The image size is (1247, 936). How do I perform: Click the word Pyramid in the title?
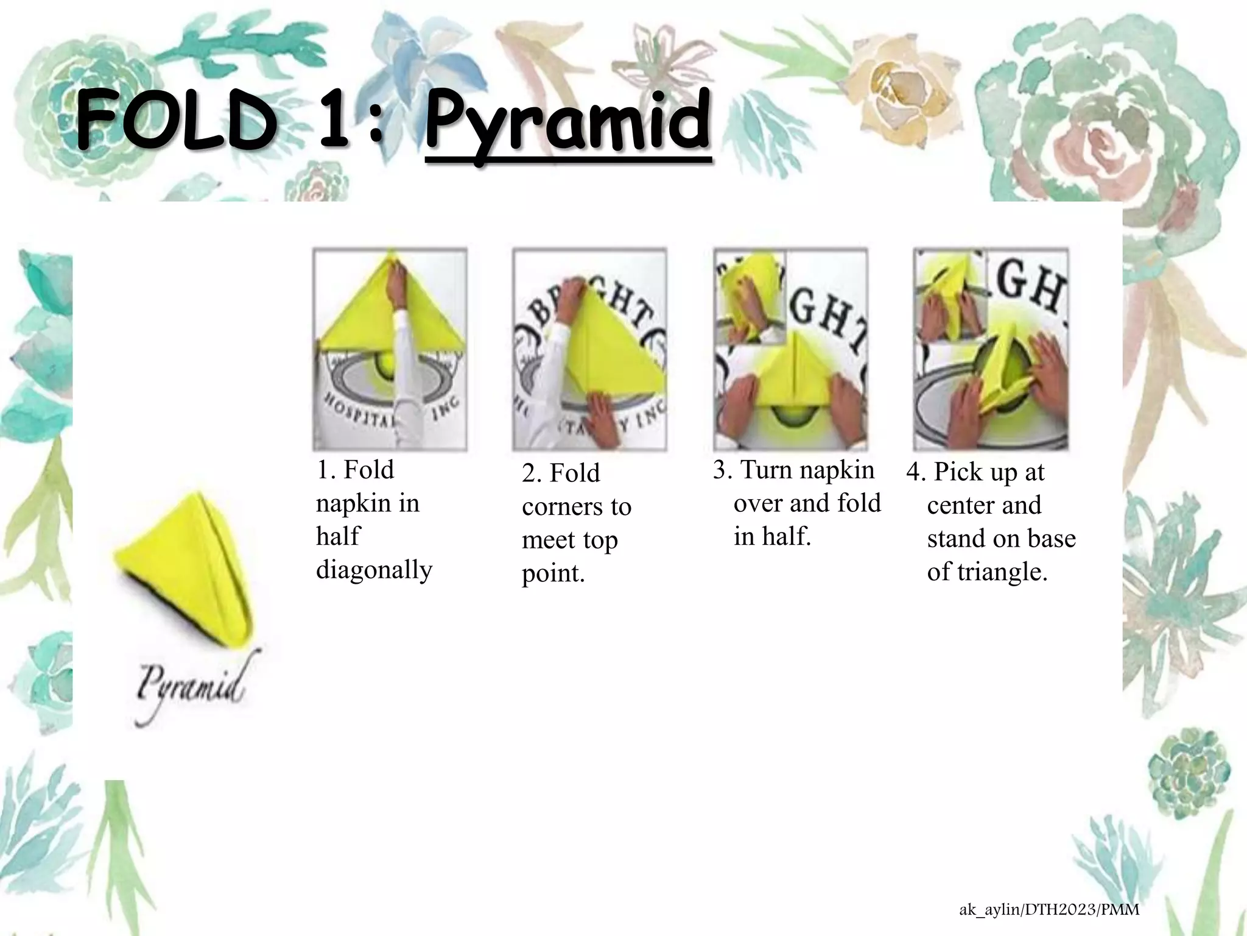(567, 122)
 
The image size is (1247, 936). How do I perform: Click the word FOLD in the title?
(174, 122)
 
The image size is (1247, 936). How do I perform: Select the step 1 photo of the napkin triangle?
(390, 349)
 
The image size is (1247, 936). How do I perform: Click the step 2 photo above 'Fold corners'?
(589, 349)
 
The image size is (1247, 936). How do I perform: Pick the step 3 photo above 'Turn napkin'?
(790, 349)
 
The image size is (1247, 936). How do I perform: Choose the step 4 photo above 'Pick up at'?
(991, 349)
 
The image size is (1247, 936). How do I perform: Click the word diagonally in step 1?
(374, 570)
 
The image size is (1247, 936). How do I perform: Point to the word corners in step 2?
(576, 507)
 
